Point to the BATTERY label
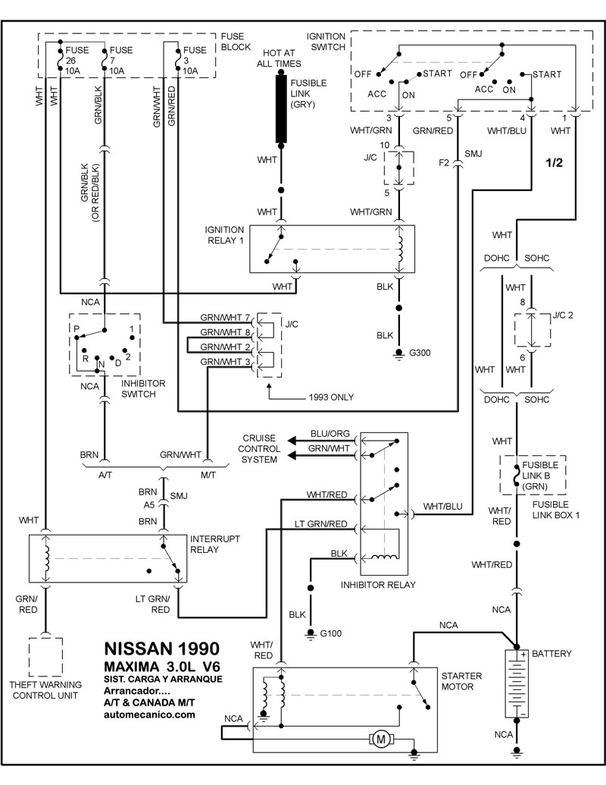point(552,653)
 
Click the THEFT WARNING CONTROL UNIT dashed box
point(45,657)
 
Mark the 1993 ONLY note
point(331,397)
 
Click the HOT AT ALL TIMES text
point(282,58)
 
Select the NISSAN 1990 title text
point(161,649)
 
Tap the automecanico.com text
point(148,714)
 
